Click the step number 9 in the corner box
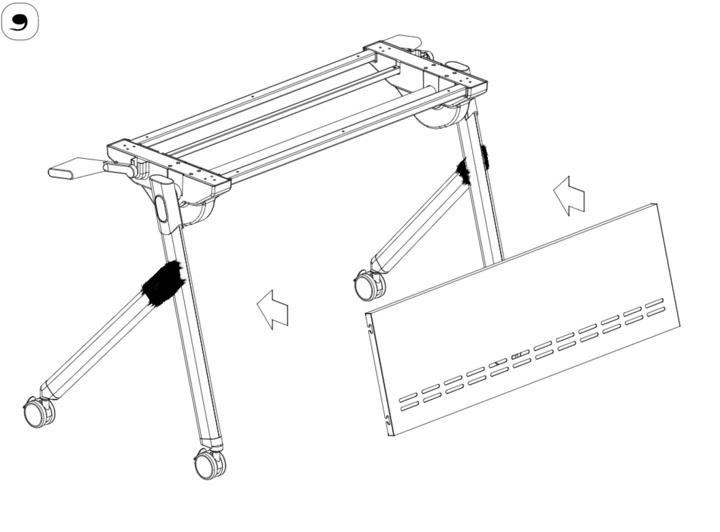[x=19, y=22]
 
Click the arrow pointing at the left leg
[x=272, y=310]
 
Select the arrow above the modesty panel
[x=569, y=196]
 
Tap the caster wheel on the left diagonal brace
[x=39, y=413]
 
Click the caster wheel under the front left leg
[x=210, y=464]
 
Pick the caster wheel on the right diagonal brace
[x=369, y=285]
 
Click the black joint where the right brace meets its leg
[x=465, y=171]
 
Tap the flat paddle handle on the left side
[x=73, y=168]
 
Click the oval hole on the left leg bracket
[x=161, y=208]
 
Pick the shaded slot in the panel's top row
[x=520, y=355]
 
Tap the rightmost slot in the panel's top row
[x=655, y=303]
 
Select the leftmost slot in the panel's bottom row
[x=408, y=405]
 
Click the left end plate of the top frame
[x=169, y=164]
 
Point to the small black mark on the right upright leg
[x=484, y=156]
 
